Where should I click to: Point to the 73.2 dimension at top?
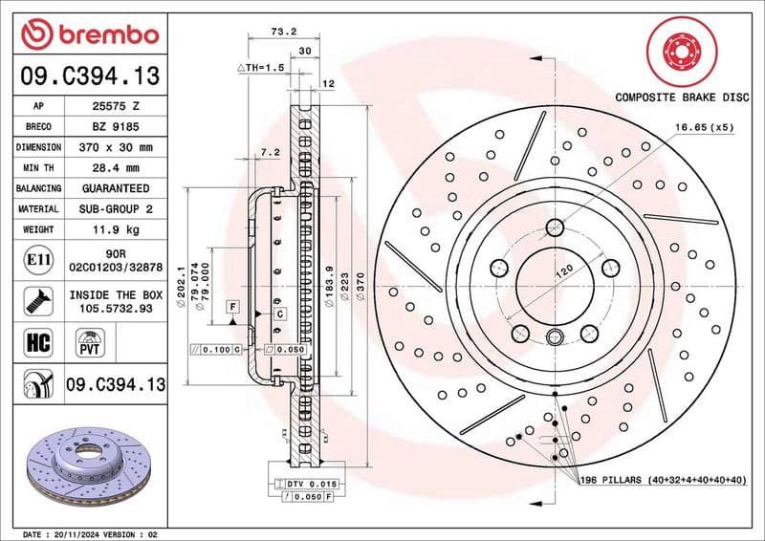coord(282,32)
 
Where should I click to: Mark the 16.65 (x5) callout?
coord(704,126)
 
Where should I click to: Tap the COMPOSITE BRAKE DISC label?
coord(681,97)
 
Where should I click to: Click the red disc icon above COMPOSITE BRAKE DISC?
coord(681,49)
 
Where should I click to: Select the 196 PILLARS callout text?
coord(660,478)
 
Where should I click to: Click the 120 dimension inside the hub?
coord(564,271)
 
